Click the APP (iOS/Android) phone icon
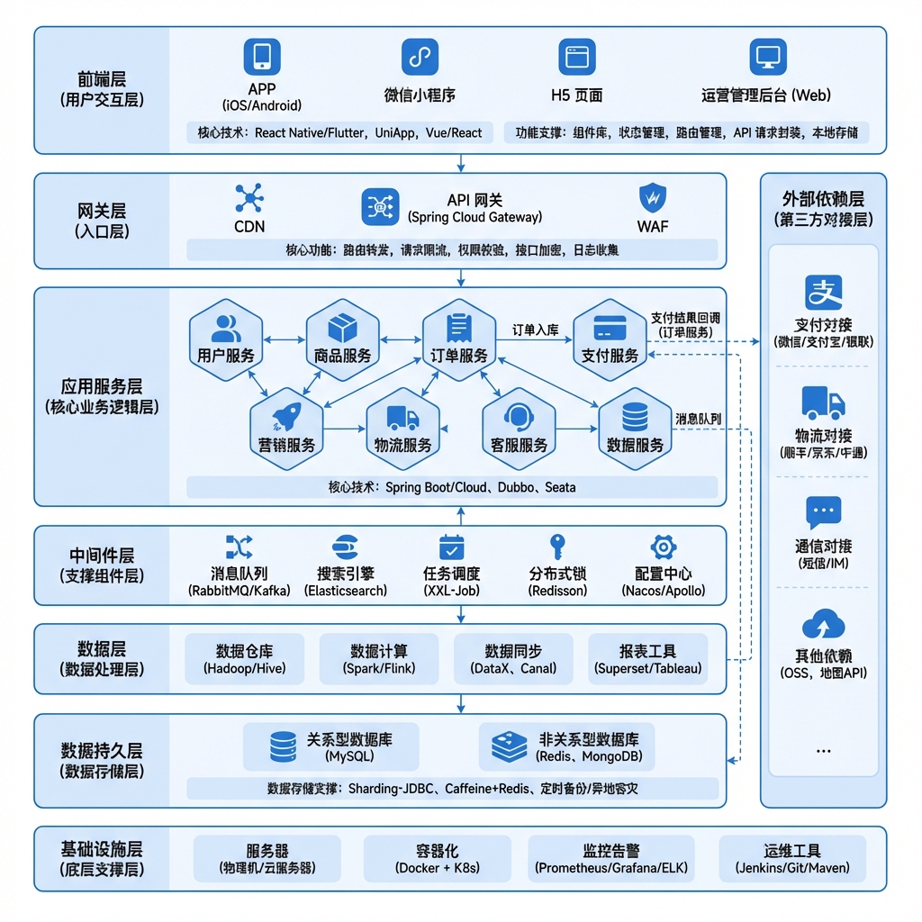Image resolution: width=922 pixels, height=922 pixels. [x=262, y=57]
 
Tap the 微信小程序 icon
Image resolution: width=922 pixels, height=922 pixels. [x=420, y=57]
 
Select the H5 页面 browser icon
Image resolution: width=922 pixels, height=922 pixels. [x=576, y=57]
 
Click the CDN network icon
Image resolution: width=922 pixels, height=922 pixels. [x=249, y=199]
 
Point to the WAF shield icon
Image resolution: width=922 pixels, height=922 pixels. [x=652, y=198]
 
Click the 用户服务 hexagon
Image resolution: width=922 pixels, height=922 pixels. [x=226, y=337]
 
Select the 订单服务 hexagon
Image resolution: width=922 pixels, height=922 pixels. [x=459, y=337]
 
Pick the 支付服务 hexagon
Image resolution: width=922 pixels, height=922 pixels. [x=610, y=337]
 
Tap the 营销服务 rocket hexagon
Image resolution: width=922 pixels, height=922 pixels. [x=286, y=426]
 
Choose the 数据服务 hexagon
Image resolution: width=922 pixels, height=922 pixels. [x=635, y=426]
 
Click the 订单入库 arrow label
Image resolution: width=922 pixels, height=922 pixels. [x=536, y=330]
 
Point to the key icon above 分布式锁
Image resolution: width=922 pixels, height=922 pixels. [x=557, y=547]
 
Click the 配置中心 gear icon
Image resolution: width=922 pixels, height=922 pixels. [x=664, y=547]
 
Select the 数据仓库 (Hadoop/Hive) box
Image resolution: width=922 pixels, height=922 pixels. [x=245, y=660]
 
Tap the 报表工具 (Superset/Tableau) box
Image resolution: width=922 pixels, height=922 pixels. [x=647, y=660]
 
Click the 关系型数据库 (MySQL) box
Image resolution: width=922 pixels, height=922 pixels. [x=331, y=747]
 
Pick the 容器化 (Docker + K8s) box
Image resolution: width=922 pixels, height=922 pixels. [x=438, y=859]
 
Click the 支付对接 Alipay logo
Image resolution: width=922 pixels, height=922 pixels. [x=823, y=293]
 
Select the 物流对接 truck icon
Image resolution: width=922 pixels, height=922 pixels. [x=823, y=402]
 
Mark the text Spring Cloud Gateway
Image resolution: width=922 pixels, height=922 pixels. [x=475, y=217]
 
